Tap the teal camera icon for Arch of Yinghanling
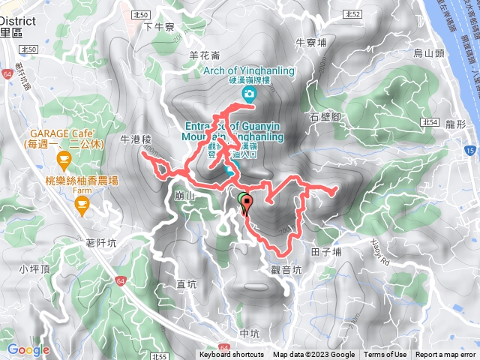(249, 94)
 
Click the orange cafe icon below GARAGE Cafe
(64, 159)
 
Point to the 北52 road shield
(355, 14)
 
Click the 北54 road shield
(429, 121)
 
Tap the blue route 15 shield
(469, 151)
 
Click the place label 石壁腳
(325, 117)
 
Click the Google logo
(28, 349)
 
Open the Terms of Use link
(385, 355)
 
